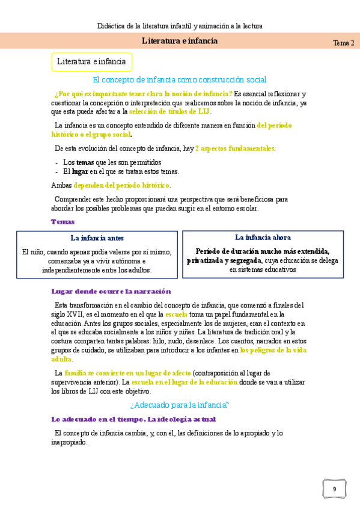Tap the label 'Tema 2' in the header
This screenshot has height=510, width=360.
click(343, 43)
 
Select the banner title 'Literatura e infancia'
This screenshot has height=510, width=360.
click(180, 41)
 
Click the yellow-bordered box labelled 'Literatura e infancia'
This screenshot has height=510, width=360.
click(91, 61)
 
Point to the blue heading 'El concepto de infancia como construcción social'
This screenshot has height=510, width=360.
click(180, 79)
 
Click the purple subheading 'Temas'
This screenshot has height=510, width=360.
click(63, 221)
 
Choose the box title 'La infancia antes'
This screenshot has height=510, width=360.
click(97, 238)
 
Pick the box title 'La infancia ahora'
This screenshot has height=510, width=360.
click(263, 237)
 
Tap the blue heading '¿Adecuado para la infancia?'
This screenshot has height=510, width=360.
click(180, 405)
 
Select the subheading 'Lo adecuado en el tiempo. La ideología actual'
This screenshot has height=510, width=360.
click(133, 419)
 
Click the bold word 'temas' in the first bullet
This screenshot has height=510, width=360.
click(85, 162)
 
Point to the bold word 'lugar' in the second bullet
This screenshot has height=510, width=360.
click(80, 171)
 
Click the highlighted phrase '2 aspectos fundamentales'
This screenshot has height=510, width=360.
click(234, 148)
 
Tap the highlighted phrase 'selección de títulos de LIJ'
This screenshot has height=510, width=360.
click(169, 111)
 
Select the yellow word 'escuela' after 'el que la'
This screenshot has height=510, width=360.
click(177, 314)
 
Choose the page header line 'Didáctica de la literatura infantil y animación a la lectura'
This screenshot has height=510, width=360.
click(180, 26)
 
